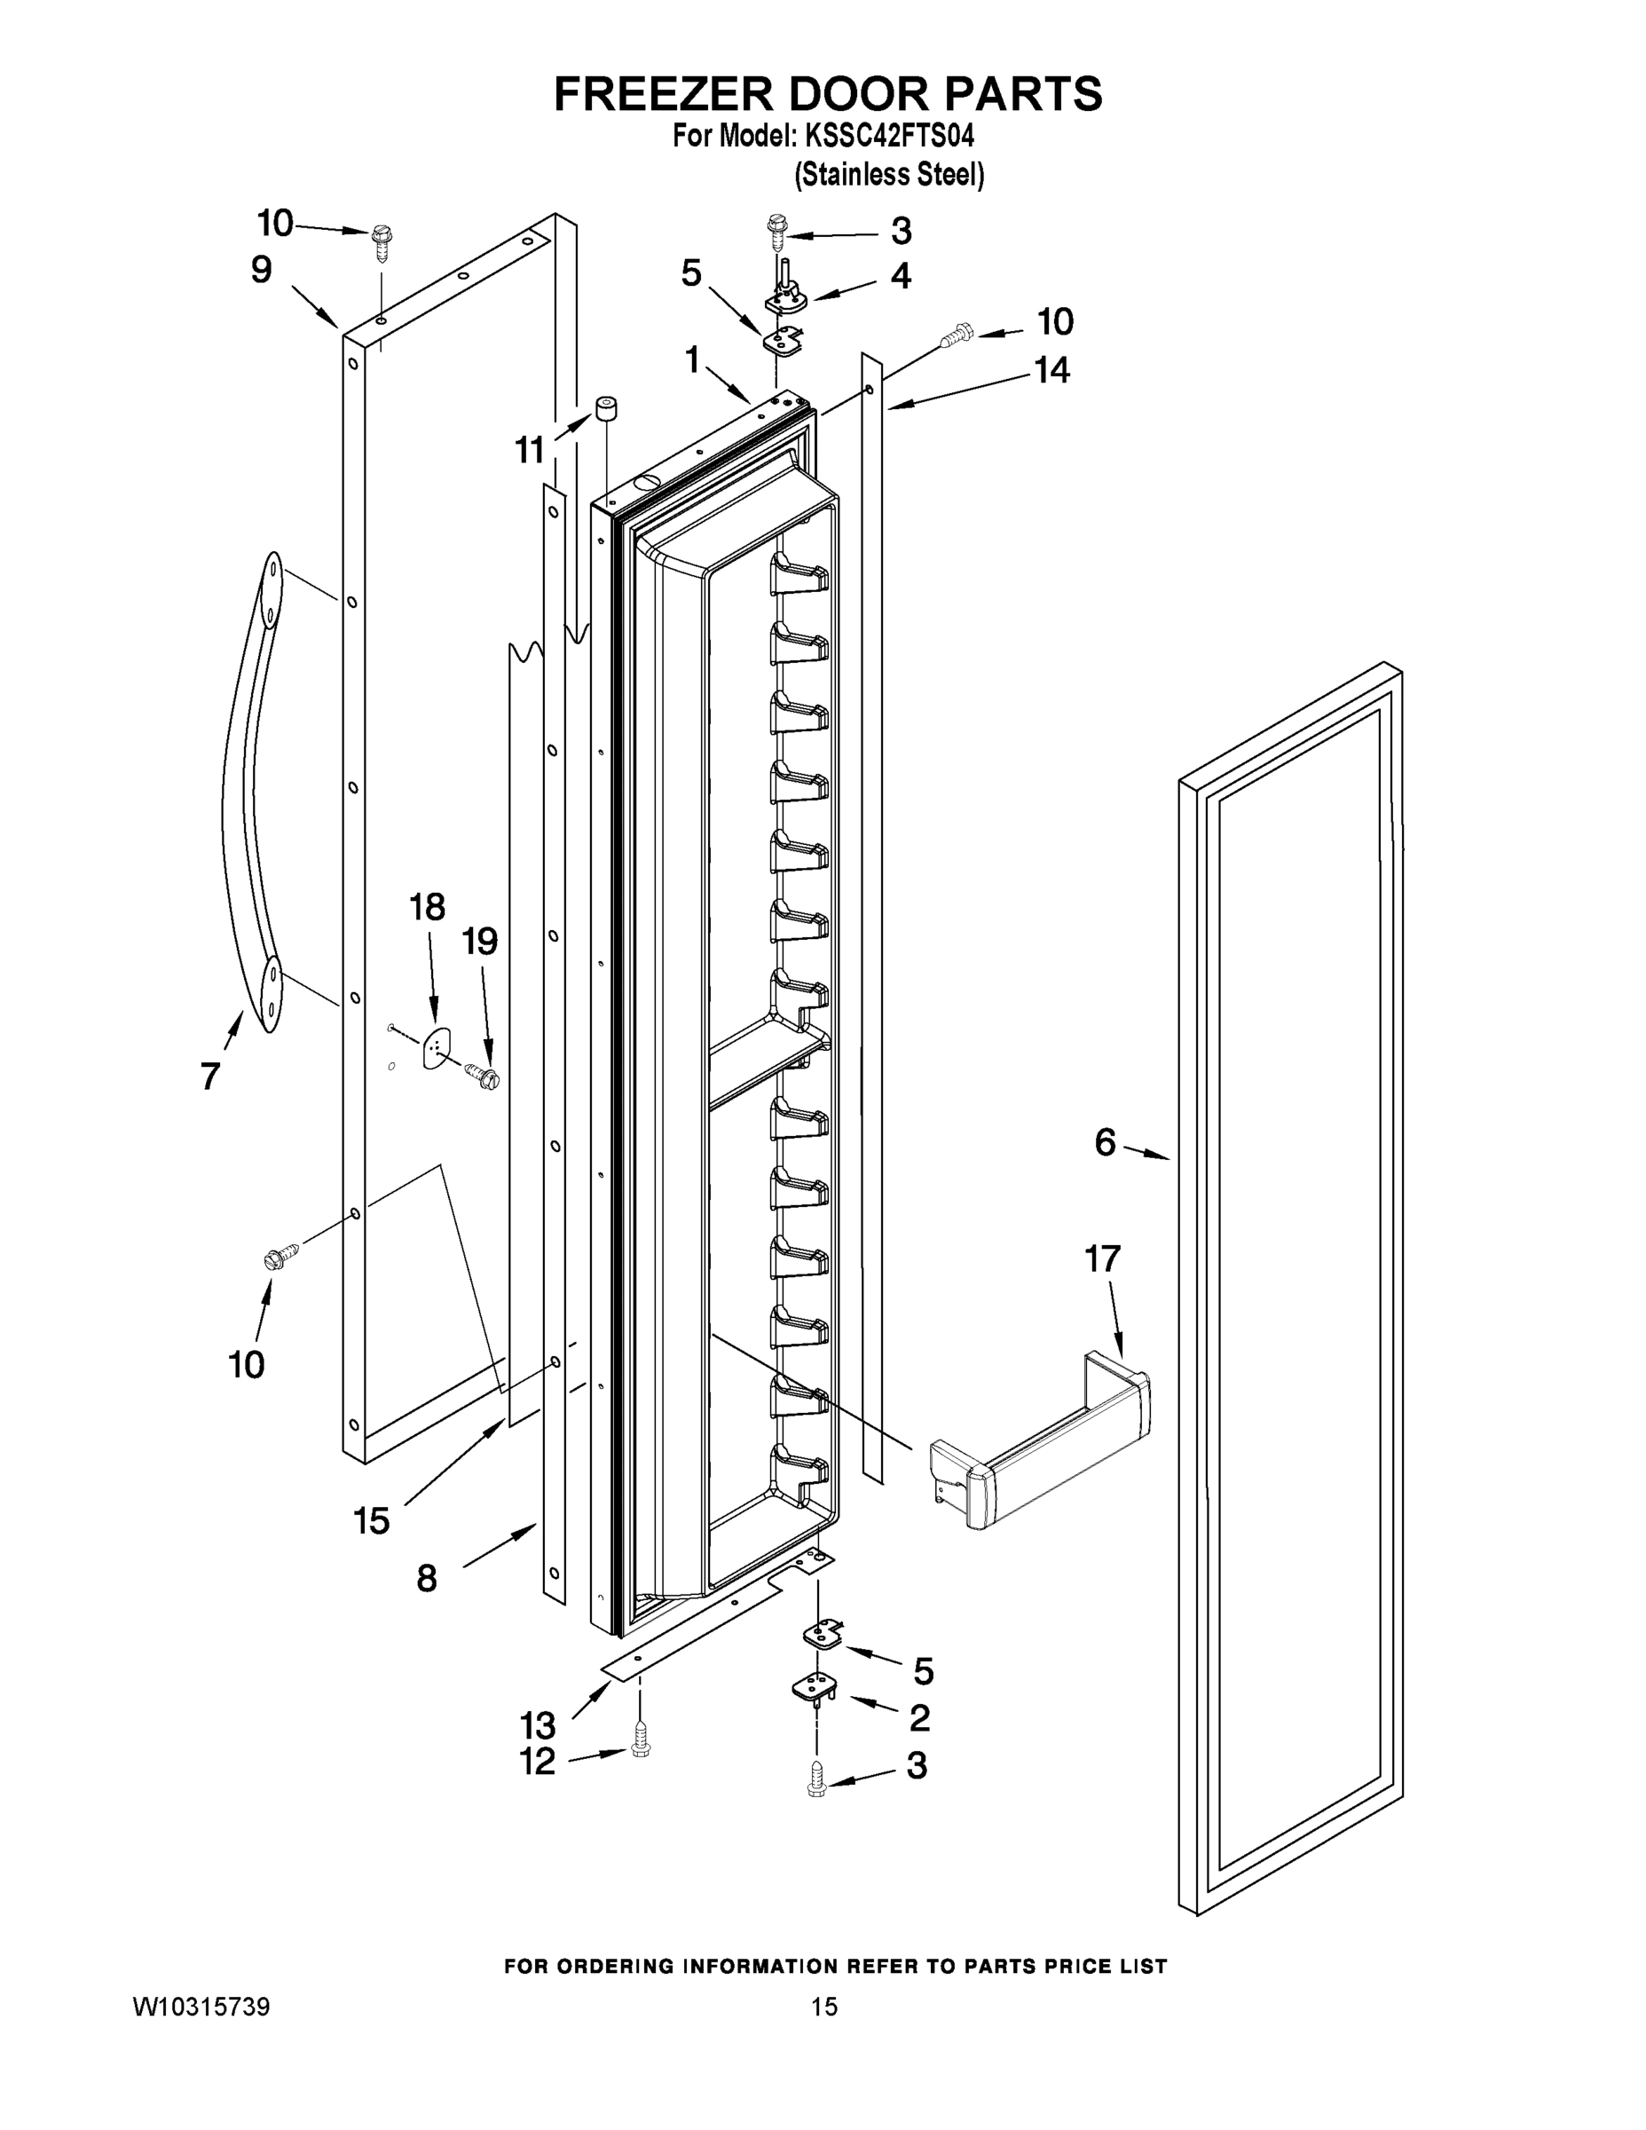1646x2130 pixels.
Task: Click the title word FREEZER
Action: pos(663,95)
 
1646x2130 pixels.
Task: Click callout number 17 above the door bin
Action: pos(1103,1259)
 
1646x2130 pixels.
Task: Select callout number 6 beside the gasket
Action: pos(1104,1142)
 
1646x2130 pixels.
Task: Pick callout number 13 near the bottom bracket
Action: pos(539,1724)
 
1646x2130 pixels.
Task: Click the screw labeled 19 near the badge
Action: pos(484,1076)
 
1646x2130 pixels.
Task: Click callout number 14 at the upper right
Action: pos(1051,371)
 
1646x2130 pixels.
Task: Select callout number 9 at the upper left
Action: pos(260,270)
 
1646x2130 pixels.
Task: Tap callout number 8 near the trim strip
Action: pos(426,1578)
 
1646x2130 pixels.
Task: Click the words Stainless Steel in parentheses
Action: pos(889,175)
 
